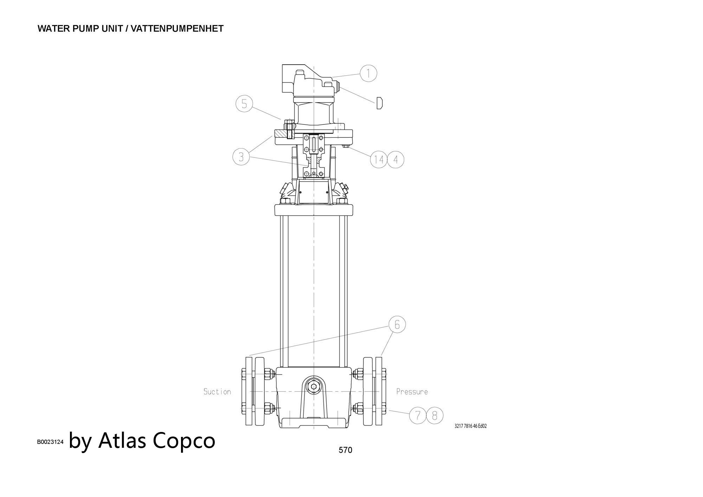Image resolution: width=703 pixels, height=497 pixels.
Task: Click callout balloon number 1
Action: [x=368, y=73]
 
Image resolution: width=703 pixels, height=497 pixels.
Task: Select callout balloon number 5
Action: [x=244, y=104]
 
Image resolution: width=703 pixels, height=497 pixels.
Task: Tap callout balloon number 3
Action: [x=241, y=156]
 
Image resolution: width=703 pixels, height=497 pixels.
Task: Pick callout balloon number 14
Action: [x=379, y=160]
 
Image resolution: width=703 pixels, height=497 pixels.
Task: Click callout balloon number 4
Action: [x=396, y=160]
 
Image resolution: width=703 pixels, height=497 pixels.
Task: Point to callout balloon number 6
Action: [x=397, y=324]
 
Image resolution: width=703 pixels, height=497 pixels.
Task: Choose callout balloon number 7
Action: [x=418, y=415]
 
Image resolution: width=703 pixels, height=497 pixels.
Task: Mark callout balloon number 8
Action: [x=435, y=415]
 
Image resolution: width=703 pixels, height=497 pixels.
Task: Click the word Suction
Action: [x=217, y=392]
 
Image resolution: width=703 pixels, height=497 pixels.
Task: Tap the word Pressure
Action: [x=412, y=392]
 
